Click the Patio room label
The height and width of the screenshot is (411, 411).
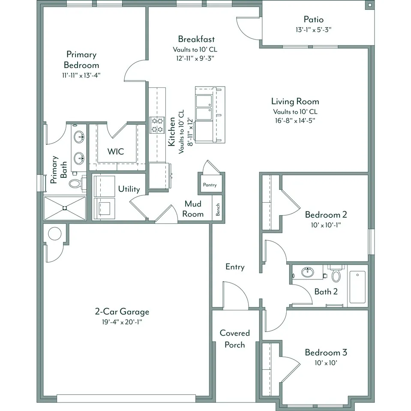click(x=313, y=19)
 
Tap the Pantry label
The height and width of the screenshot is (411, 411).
click(x=210, y=185)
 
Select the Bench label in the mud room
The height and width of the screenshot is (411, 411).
click(x=218, y=210)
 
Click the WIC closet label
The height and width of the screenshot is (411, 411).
click(x=116, y=152)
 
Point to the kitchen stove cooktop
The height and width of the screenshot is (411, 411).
click(x=157, y=125)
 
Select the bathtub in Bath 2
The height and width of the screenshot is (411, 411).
click(x=357, y=287)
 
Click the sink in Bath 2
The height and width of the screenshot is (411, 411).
click(x=307, y=272)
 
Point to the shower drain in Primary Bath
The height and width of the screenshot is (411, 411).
click(x=65, y=208)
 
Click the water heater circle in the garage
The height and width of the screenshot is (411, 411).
click(x=55, y=233)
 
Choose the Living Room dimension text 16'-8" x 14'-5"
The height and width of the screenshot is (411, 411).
click(x=295, y=120)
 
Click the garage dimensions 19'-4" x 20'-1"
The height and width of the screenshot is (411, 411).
click(x=122, y=322)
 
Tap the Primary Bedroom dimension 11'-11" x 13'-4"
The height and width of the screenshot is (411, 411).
click(x=81, y=75)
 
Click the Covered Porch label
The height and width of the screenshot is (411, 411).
click(x=234, y=339)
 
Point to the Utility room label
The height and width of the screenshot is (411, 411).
click(x=129, y=189)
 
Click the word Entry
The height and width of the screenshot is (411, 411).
click(x=235, y=267)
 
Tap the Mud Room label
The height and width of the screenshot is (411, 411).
click(x=193, y=209)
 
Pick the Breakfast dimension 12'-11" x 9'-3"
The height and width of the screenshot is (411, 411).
click(x=195, y=58)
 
